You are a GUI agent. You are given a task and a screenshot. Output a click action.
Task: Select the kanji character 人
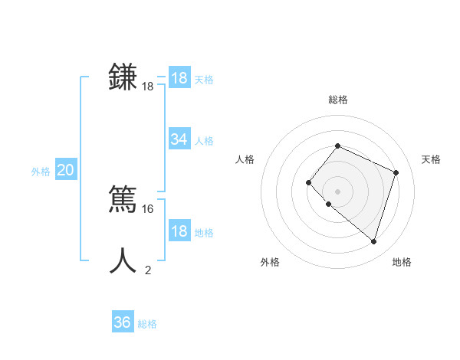point(123,260)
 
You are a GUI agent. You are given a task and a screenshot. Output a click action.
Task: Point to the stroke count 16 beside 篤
point(148,208)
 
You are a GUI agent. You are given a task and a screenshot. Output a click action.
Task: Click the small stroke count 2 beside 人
point(148,270)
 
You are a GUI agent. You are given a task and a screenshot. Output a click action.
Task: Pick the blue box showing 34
point(179,139)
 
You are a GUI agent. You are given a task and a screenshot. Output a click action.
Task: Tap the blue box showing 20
point(65,170)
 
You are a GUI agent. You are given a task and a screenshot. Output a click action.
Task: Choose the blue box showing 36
point(123,322)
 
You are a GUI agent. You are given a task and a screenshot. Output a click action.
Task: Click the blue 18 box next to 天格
point(179,78)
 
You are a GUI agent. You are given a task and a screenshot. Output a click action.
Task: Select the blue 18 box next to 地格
point(179,232)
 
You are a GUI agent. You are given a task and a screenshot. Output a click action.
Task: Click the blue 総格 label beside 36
point(147,324)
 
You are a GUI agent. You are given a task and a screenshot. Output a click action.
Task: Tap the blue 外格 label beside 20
point(41,172)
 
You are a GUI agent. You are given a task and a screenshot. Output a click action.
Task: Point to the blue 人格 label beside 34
point(204,141)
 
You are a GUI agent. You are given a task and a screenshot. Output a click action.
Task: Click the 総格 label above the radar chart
point(337,100)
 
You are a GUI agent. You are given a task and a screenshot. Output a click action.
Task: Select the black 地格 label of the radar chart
point(402,263)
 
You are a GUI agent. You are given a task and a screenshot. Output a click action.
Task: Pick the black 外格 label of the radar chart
point(270,263)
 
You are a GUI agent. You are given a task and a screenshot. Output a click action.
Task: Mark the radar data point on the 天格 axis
point(396,172)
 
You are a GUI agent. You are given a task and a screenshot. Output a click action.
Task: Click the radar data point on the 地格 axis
point(373,241)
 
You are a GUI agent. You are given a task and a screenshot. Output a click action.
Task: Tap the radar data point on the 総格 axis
point(337,146)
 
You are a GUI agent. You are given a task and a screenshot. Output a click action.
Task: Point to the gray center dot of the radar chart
point(337,191)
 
